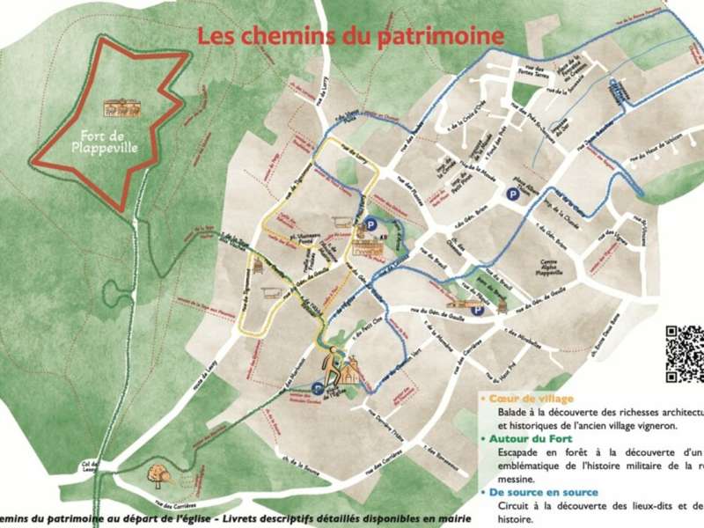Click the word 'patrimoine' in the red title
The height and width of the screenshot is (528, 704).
click(442, 36)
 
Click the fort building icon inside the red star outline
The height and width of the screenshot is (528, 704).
click(122, 107)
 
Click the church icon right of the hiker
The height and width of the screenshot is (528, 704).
click(352, 372)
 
